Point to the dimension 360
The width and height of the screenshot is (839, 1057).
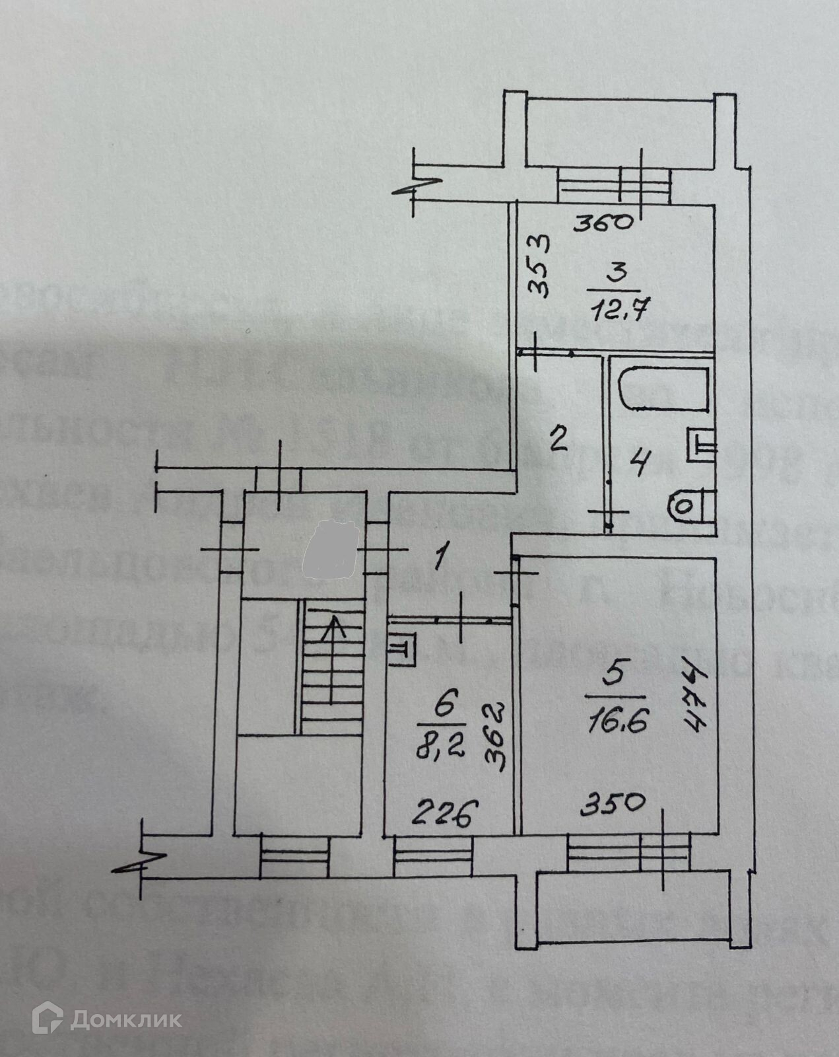(603, 223)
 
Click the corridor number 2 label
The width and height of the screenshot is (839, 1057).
(558, 438)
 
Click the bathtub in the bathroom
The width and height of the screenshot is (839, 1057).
(664, 391)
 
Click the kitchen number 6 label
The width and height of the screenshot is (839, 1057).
(443, 708)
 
